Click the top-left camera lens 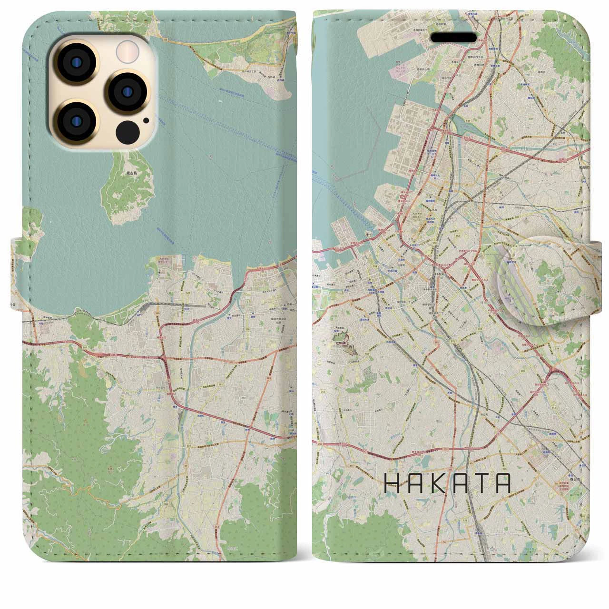(x=76, y=62)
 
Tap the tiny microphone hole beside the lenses (x=145, y=120)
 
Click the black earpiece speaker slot (x=453, y=38)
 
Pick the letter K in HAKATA (x=437, y=483)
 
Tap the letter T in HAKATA (x=482, y=483)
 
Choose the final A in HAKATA (x=504, y=483)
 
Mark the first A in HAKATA (x=413, y=483)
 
